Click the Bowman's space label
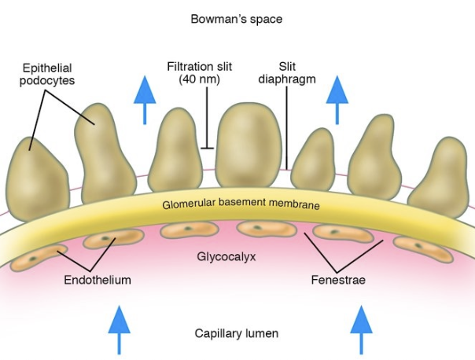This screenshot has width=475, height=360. point(236,19)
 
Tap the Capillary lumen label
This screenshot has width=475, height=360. point(236,333)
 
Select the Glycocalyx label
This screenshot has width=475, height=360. point(226,257)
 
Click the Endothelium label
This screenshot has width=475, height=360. point(98,280)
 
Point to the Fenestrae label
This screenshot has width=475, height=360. point(338,280)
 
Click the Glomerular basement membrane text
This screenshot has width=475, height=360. point(241,204)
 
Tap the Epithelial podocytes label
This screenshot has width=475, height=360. point(47,74)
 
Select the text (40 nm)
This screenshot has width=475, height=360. point(199,79)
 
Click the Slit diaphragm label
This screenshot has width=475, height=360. point(287,72)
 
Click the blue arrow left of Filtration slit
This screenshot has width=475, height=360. point(145,100)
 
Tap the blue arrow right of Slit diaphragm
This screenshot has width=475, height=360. point(337,100)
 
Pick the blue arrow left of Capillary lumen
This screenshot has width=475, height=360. point(119,329)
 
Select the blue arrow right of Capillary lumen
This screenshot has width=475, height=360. point(361,329)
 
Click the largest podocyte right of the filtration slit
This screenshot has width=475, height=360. point(249,145)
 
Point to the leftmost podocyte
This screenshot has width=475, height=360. point(38,180)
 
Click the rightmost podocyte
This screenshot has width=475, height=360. point(440,178)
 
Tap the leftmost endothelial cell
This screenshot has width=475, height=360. point(39,258)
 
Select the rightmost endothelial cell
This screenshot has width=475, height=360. point(424,249)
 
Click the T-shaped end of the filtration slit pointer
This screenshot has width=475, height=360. point(207,148)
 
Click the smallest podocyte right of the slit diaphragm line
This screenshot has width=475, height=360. point(314,160)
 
